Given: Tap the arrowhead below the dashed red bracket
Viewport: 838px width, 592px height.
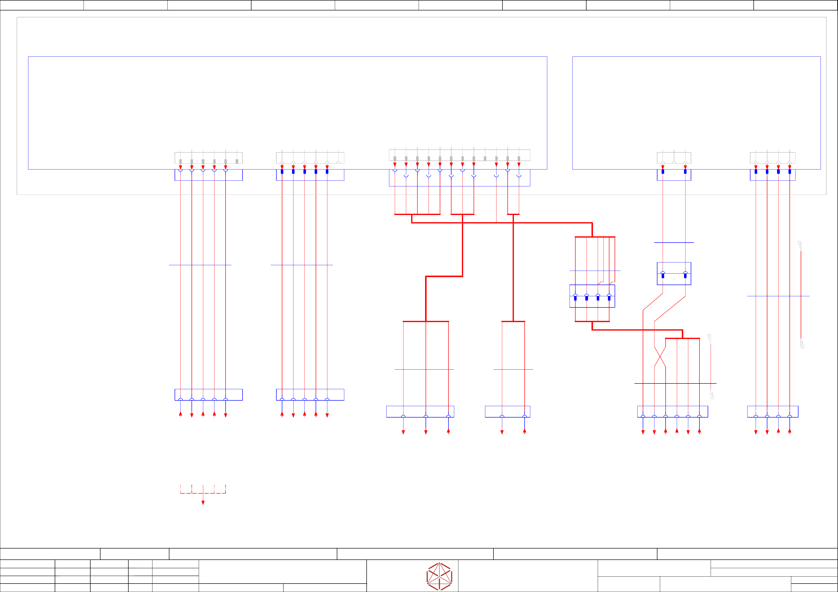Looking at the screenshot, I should [203, 503].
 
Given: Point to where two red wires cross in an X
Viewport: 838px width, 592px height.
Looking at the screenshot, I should [660, 357].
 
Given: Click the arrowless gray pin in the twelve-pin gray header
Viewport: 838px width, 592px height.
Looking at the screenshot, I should [485, 158].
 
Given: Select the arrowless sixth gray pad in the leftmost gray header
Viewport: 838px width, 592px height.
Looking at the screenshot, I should [237, 161].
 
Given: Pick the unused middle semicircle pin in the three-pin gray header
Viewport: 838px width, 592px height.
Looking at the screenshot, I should [674, 163].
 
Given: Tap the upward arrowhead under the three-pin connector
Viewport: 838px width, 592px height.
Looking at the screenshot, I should [448, 431].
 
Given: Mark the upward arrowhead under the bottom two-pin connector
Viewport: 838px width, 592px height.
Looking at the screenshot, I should [525, 431].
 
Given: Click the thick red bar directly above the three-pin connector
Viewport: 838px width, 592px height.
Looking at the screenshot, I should [426, 321].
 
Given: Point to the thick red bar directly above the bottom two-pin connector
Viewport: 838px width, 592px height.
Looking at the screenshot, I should [513, 321].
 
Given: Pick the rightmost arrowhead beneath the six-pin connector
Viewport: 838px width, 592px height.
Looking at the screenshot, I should [699, 431].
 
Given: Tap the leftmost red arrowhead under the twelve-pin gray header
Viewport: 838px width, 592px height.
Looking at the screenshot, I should [394, 165].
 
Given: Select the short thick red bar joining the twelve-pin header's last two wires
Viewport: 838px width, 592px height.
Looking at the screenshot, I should [513, 214].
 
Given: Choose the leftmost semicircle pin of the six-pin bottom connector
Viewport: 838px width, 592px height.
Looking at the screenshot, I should [643, 416].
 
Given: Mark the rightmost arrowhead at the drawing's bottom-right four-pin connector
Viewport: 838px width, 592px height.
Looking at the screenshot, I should [789, 431].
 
